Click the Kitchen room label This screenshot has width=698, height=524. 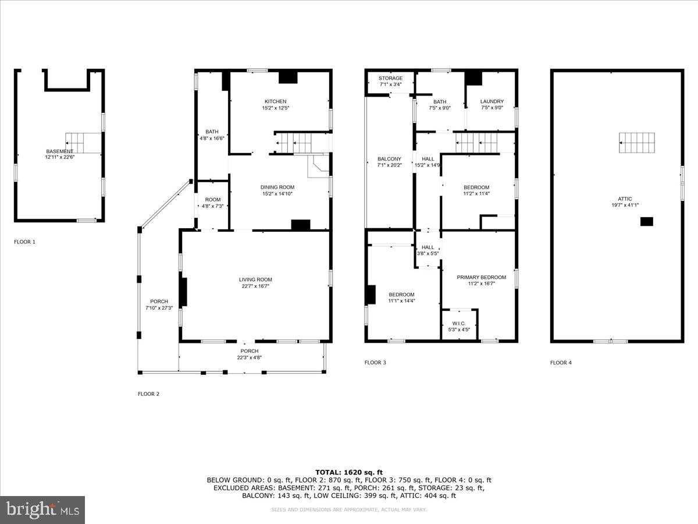[275, 101]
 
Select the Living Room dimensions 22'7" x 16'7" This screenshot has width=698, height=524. [255, 286]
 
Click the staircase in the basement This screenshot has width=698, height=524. [76, 140]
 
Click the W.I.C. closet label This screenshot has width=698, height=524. [459, 323]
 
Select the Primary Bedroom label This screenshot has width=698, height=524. [481, 277]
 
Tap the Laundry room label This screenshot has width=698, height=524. [492, 101]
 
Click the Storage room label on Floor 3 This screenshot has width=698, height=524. [390, 78]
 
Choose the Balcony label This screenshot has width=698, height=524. [389, 159]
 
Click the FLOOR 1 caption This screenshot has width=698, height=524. [24, 241]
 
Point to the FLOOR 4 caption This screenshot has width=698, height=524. [561, 363]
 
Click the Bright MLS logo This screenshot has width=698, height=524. [42, 510]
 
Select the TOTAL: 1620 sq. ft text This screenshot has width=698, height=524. [349, 472]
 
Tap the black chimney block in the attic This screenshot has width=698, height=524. [646, 221]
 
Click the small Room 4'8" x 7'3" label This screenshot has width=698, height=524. [212, 200]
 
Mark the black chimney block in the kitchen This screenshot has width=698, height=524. [287, 77]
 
